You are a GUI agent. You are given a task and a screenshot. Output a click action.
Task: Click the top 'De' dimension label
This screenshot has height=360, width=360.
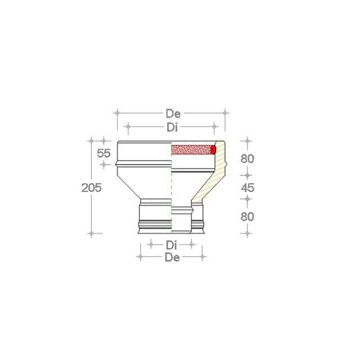172,113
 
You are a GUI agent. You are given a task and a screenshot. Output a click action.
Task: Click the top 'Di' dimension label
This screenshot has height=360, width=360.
172,126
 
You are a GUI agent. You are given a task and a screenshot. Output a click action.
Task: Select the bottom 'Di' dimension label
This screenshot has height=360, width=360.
171,244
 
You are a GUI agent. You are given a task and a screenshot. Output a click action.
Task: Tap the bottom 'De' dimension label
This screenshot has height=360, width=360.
171,257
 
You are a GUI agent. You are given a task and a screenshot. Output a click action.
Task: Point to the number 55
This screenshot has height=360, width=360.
103,152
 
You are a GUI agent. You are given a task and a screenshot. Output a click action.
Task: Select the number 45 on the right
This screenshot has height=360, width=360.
247,187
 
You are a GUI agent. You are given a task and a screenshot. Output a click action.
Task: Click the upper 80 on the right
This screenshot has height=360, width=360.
247,158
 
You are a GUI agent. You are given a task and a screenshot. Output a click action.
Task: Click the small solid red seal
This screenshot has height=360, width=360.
214,149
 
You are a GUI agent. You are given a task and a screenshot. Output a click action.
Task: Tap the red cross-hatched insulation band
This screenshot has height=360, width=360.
192,149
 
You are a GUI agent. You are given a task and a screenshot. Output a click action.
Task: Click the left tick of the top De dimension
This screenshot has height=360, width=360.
118,113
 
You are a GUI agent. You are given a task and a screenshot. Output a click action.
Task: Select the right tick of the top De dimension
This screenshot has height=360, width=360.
227,113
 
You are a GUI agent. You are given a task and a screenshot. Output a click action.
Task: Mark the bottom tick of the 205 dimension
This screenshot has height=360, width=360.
94,234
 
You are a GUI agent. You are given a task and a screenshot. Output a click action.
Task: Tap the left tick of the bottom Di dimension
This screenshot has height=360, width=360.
149,244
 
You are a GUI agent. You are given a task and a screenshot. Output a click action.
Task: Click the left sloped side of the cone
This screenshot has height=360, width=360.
128,187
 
